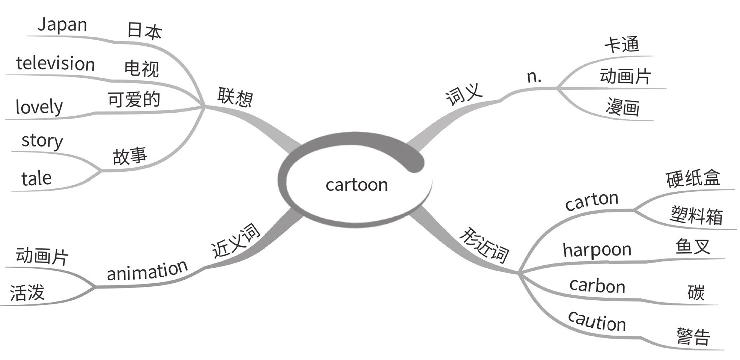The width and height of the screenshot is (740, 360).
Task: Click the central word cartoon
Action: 357,185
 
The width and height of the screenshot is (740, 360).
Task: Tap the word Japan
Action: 62,25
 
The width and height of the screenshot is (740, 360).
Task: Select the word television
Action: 55,64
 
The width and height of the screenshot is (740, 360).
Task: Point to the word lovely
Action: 39,107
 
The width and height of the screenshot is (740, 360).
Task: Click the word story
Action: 42,141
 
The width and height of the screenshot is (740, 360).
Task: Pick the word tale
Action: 36,178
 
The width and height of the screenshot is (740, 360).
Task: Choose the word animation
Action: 147,271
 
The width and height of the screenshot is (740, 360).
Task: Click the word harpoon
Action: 597,250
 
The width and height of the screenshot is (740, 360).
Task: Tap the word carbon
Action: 598,286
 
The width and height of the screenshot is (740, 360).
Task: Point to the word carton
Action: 591,202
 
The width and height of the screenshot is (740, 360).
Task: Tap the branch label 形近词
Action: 485,246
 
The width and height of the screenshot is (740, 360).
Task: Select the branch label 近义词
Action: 235,241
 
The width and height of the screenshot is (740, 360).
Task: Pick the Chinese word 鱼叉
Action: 693,247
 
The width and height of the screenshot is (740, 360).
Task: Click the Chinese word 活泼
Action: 28,293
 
